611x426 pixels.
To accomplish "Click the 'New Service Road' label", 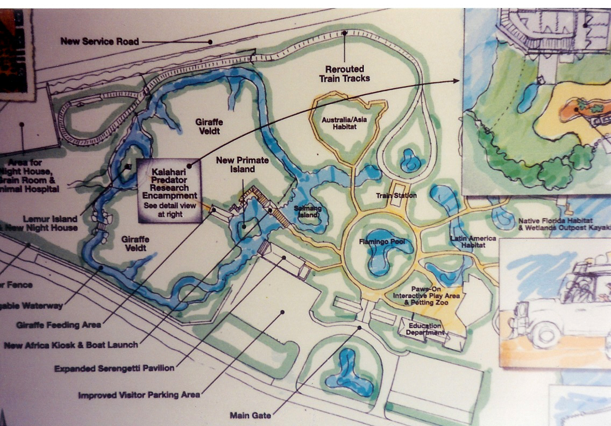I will [100, 41].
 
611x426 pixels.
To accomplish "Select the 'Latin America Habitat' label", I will [466, 241].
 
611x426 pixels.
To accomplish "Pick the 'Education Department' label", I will [425, 329].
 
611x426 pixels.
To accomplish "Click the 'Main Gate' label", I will [250, 415].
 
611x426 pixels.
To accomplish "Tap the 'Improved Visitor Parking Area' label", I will [139, 395].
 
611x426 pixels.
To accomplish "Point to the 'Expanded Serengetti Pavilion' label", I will [114, 369].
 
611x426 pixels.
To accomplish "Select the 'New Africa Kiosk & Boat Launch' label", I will [71, 345].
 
